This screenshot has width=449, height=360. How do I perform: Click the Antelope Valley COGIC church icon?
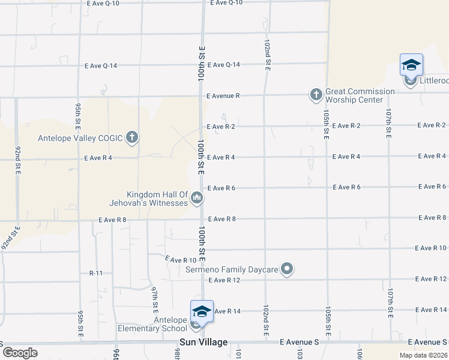[x=132, y=138]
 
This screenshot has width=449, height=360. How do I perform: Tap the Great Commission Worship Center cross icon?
[x=316, y=95]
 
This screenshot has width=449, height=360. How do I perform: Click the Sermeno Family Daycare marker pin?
[x=287, y=269]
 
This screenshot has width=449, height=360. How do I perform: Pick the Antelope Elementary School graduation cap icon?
[x=202, y=312]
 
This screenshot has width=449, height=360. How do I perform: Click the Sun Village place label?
[x=203, y=342]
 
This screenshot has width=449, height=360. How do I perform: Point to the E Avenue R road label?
[x=223, y=95]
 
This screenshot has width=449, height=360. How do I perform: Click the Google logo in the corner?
[x=19, y=353]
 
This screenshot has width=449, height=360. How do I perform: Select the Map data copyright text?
[x=423, y=355]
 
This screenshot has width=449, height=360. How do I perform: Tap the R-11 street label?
[x=97, y=273]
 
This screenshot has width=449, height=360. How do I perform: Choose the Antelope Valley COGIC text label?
[x=80, y=138]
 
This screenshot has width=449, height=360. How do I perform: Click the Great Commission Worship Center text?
[x=360, y=95]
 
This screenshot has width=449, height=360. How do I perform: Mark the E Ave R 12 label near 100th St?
[x=224, y=280]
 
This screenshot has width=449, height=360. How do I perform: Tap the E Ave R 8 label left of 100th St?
[x=112, y=220]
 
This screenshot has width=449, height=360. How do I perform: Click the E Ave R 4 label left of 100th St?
[x=98, y=158]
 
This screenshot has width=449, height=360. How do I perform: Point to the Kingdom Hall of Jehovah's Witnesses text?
[x=157, y=199]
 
